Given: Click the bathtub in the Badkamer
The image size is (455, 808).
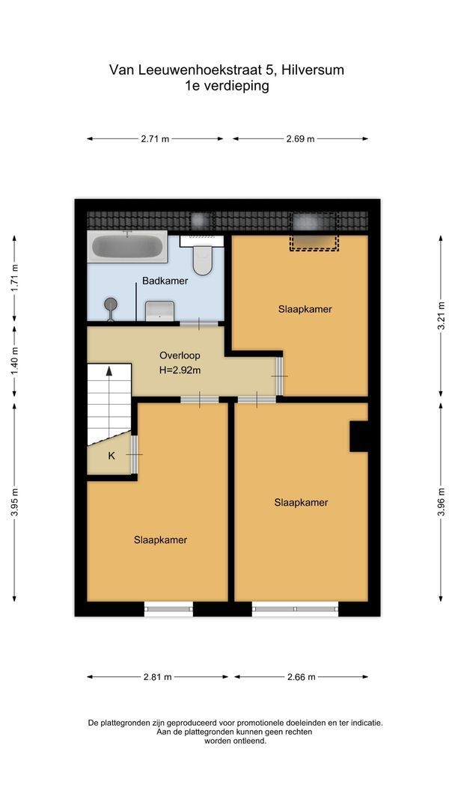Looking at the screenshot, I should tap(127, 247).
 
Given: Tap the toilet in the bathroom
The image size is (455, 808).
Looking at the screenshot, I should tap(202, 257).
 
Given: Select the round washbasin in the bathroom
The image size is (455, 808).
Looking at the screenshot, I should tap(112, 304).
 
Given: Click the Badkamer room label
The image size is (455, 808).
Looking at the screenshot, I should tap(165, 282).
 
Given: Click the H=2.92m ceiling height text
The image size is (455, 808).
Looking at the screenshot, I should tap(179, 370).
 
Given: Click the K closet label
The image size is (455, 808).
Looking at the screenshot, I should tap(112, 456).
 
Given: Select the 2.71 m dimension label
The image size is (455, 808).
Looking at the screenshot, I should tap(155, 138).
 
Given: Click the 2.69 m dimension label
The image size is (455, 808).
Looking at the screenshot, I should tap(300, 138).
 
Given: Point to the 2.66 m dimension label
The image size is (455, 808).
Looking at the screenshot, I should tap(300, 676).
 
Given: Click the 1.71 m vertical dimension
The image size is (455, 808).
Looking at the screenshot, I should tap(14, 279).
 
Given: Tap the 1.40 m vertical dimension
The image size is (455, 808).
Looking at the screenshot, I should tap(14, 362).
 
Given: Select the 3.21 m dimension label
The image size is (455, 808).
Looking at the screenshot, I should tap(441, 315).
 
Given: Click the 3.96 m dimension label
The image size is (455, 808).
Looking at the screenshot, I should tap(441, 501).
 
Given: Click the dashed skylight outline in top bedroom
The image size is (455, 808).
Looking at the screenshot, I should tap(314, 231).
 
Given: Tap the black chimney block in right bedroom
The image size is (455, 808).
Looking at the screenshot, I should tap(358, 436).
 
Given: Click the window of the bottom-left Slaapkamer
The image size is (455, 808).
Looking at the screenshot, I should tap(168, 609).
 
